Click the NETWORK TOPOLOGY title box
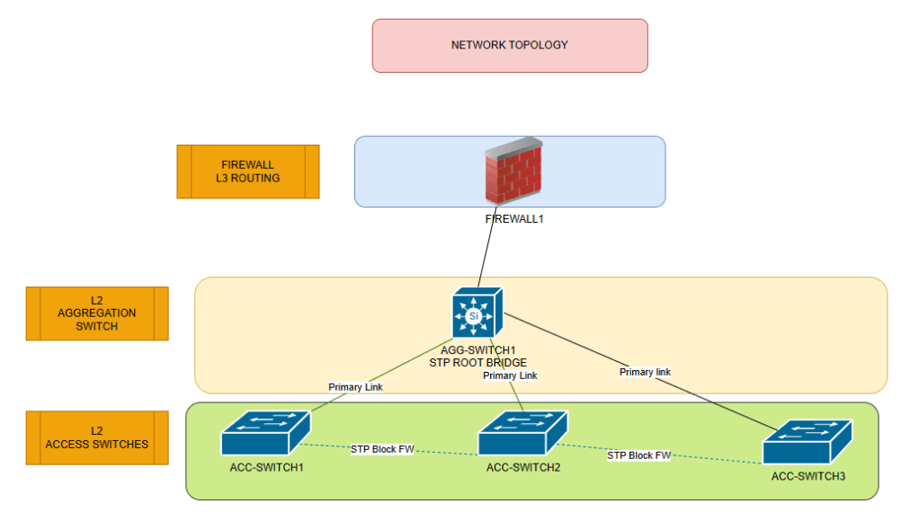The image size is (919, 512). (x=510, y=45)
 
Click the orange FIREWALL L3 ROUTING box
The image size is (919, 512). (x=247, y=172)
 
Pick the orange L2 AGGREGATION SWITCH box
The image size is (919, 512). (x=97, y=313)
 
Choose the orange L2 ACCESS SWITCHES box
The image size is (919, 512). (x=97, y=437)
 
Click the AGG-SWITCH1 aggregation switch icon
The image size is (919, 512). (x=477, y=313)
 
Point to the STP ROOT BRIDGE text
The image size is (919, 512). (x=484, y=362)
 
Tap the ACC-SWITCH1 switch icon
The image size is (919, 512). (x=266, y=432)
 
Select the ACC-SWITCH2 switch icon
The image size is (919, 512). (x=522, y=432)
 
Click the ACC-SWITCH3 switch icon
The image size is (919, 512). (x=807, y=441)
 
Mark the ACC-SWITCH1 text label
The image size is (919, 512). (x=267, y=466)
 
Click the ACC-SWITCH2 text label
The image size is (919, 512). (x=523, y=467)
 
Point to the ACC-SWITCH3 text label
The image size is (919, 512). (x=808, y=476)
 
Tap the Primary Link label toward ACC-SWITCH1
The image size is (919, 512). (x=356, y=387)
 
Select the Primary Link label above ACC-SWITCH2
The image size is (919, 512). (x=510, y=375)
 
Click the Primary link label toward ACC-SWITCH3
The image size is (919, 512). (x=645, y=372)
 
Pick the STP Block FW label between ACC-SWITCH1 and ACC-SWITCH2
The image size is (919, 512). (x=382, y=449)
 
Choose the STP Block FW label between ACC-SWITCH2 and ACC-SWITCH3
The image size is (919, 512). (x=638, y=455)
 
